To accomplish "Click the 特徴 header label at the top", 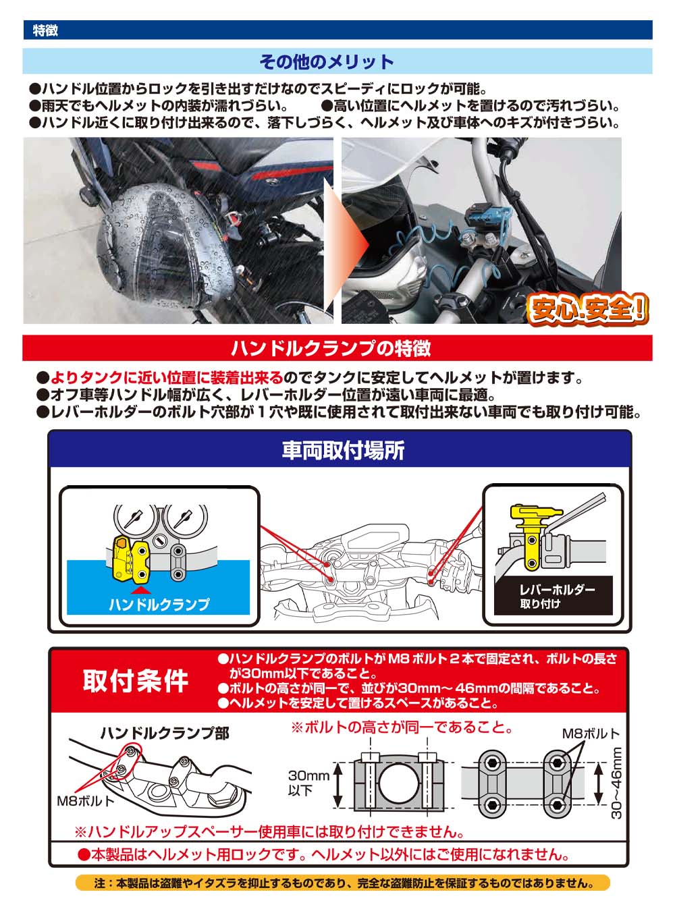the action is coord(45,30).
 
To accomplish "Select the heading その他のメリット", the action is coord(327,61).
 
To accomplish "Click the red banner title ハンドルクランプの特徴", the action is coord(331,348).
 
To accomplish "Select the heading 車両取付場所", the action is coord(343,450).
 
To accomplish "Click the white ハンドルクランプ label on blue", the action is coord(159,605).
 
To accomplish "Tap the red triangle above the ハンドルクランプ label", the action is coord(140,590).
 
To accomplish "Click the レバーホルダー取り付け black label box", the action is coord(553,596).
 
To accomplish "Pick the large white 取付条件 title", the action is coord(136,681).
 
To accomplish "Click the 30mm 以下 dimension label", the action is coord(308,783).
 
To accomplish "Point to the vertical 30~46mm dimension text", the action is coord(616,783).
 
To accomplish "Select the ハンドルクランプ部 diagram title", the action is coord(165,733).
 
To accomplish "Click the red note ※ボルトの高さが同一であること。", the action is coord(402,727).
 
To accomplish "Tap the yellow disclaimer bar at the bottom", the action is coord(343,883).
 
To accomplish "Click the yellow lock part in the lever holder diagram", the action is coord(532,534).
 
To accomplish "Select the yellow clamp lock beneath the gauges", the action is coord(130,559).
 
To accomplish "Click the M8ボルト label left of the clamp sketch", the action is coord(85,801).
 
